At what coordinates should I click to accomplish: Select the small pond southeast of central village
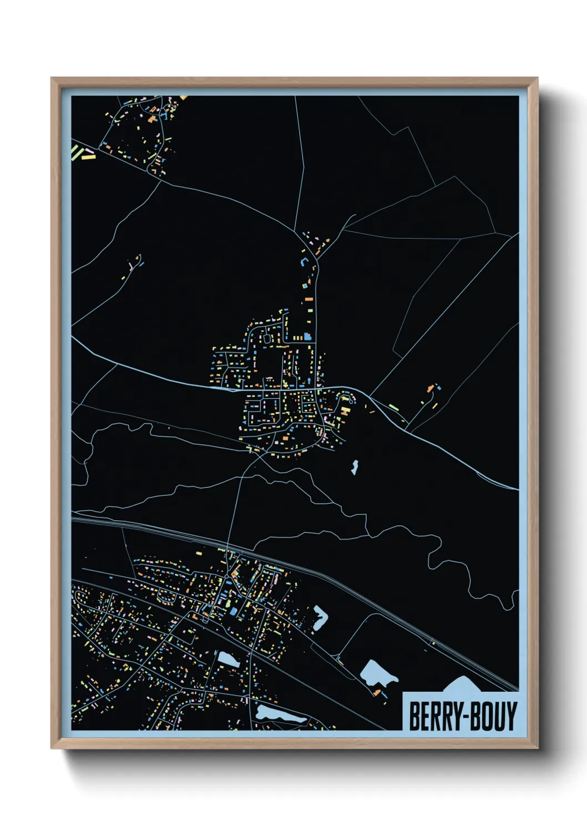pos(354,467)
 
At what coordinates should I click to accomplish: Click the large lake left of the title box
pos(377,673)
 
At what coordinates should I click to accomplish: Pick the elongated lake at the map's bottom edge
pos(280,714)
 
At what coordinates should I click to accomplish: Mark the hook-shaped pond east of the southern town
pos(320,617)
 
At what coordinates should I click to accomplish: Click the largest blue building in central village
pos(307,336)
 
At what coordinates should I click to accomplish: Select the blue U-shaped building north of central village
pos(303,261)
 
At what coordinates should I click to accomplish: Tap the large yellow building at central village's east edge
pos(345,411)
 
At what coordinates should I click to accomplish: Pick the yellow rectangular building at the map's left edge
pos(88,156)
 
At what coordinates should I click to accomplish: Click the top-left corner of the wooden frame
pos(52,78)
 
